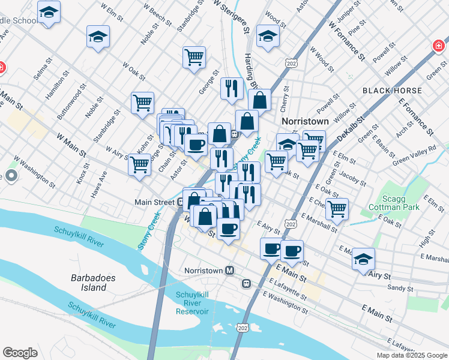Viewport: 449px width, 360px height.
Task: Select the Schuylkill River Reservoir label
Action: click(x=192, y=302)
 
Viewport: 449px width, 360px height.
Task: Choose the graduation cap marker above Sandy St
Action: click(x=363, y=259)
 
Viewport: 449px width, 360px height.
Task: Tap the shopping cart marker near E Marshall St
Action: click(x=337, y=209)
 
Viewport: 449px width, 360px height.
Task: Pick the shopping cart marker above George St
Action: click(x=194, y=58)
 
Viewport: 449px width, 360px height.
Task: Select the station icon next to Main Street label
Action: click(x=179, y=202)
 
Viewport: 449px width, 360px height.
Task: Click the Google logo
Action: click(x=20, y=353)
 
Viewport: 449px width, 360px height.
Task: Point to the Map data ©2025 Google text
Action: click(x=411, y=355)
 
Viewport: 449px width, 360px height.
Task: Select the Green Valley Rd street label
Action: click(x=414, y=155)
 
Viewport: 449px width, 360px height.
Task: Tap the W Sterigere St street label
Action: click(x=231, y=15)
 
